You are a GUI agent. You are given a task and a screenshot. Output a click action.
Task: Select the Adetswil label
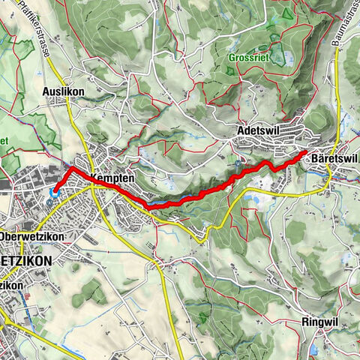point(257,130)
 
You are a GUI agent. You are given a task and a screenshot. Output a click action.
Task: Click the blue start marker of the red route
point(54,192)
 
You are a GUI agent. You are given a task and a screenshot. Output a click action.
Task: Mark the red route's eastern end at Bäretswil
point(304,154)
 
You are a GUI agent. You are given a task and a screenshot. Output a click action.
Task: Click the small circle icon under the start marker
point(50,202)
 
